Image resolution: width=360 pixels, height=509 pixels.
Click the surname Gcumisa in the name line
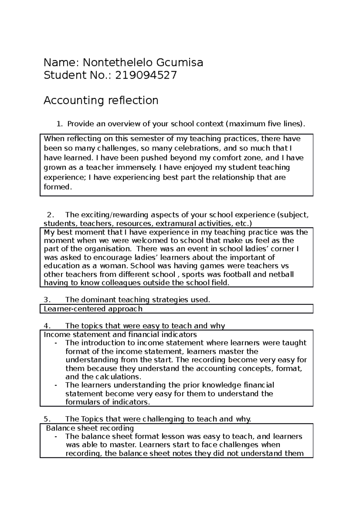click(x=179, y=63)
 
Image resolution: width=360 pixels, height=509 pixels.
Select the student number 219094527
click(x=146, y=75)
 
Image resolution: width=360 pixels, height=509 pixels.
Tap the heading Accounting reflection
click(x=101, y=100)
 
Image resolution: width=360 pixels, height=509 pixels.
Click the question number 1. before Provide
click(x=60, y=124)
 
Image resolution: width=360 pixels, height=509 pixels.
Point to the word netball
click(x=280, y=274)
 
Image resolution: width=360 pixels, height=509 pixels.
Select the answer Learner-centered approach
click(x=93, y=309)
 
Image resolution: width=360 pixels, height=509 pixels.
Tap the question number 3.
click(x=46, y=299)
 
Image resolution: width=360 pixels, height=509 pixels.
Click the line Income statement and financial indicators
click(x=120, y=334)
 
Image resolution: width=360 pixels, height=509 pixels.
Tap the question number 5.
click(x=46, y=419)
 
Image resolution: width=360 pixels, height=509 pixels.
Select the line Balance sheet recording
click(x=90, y=428)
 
